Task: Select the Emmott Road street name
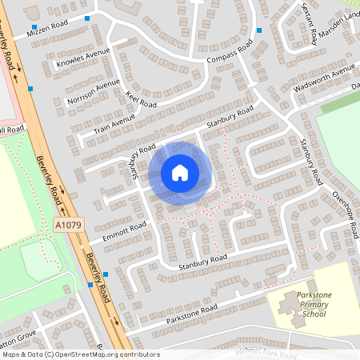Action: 118,233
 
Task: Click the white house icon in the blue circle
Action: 180,172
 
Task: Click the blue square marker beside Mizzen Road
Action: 87,18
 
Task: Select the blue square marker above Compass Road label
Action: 259,31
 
